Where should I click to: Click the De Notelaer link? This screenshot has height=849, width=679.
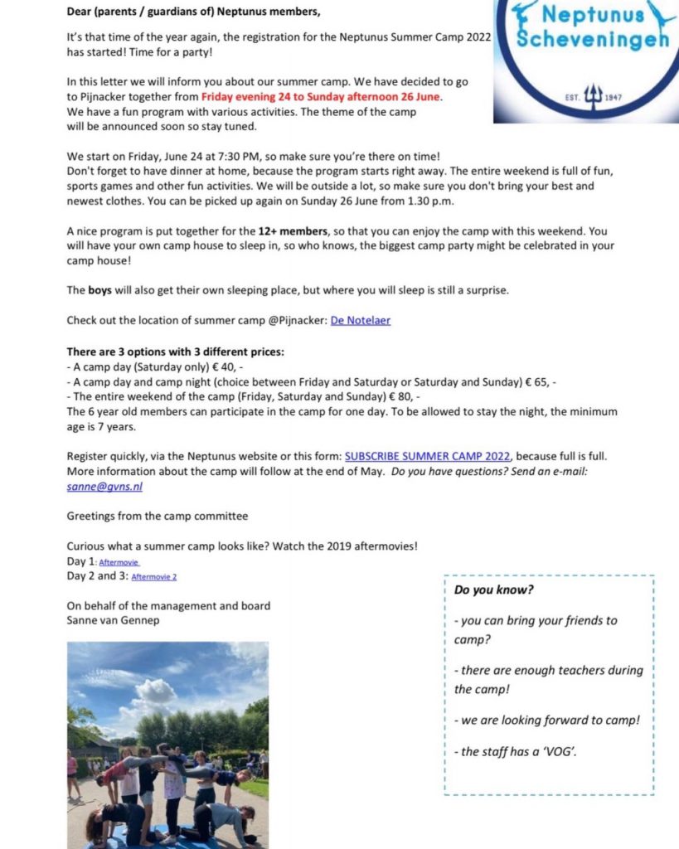(x=361, y=321)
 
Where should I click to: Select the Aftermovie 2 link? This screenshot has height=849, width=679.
(x=153, y=576)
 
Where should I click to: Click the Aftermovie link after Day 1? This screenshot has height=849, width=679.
(x=119, y=561)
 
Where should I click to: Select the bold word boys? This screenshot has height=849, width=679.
(x=103, y=291)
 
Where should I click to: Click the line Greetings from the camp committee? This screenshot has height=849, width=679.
(x=158, y=516)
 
